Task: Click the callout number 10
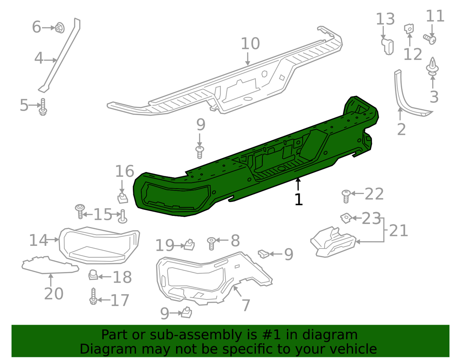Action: [x=250, y=44]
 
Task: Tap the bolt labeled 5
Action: [x=42, y=107]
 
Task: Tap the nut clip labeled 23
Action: [x=346, y=218]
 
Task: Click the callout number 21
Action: [x=398, y=231]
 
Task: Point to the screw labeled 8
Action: [x=211, y=243]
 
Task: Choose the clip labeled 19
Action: [x=189, y=244]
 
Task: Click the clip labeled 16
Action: [x=122, y=197]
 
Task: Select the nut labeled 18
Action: [x=93, y=275]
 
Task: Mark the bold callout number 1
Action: [x=298, y=199]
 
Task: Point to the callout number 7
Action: [x=245, y=305]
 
